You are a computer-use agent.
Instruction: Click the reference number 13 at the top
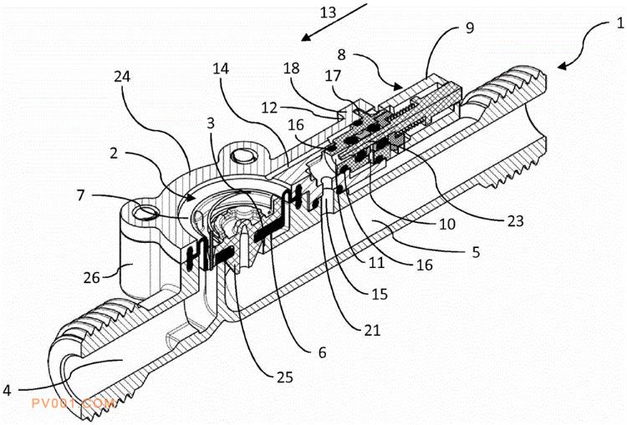pyautogui.click(x=329, y=13)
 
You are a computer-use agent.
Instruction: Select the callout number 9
pyautogui.click(x=470, y=28)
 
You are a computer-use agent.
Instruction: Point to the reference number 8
pyautogui.click(x=341, y=54)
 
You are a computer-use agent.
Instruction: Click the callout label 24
pyautogui.click(x=122, y=76)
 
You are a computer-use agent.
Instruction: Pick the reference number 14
pyautogui.click(x=221, y=68)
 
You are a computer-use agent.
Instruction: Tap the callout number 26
pyautogui.click(x=91, y=277)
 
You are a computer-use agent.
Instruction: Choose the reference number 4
pyautogui.click(x=7, y=390)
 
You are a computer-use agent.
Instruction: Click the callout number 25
pyautogui.click(x=285, y=377)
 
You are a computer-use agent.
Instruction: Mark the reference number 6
pyautogui.click(x=323, y=352)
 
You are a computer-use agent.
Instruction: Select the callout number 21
pyautogui.click(x=372, y=330)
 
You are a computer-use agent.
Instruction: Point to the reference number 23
pyautogui.click(x=515, y=220)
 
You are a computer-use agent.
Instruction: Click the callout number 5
pyautogui.click(x=476, y=252)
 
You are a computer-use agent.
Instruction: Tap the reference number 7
pyautogui.click(x=81, y=195)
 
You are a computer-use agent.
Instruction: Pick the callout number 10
pyautogui.click(x=447, y=224)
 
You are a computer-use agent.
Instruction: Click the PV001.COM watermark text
pyautogui.click(x=74, y=403)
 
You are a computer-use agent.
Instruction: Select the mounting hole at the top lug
pyautogui.click(x=242, y=155)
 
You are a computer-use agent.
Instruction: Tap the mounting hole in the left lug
pyautogui.click(x=144, y=211)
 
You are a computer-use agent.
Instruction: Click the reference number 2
pyautogui.click(x=114, y=153)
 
